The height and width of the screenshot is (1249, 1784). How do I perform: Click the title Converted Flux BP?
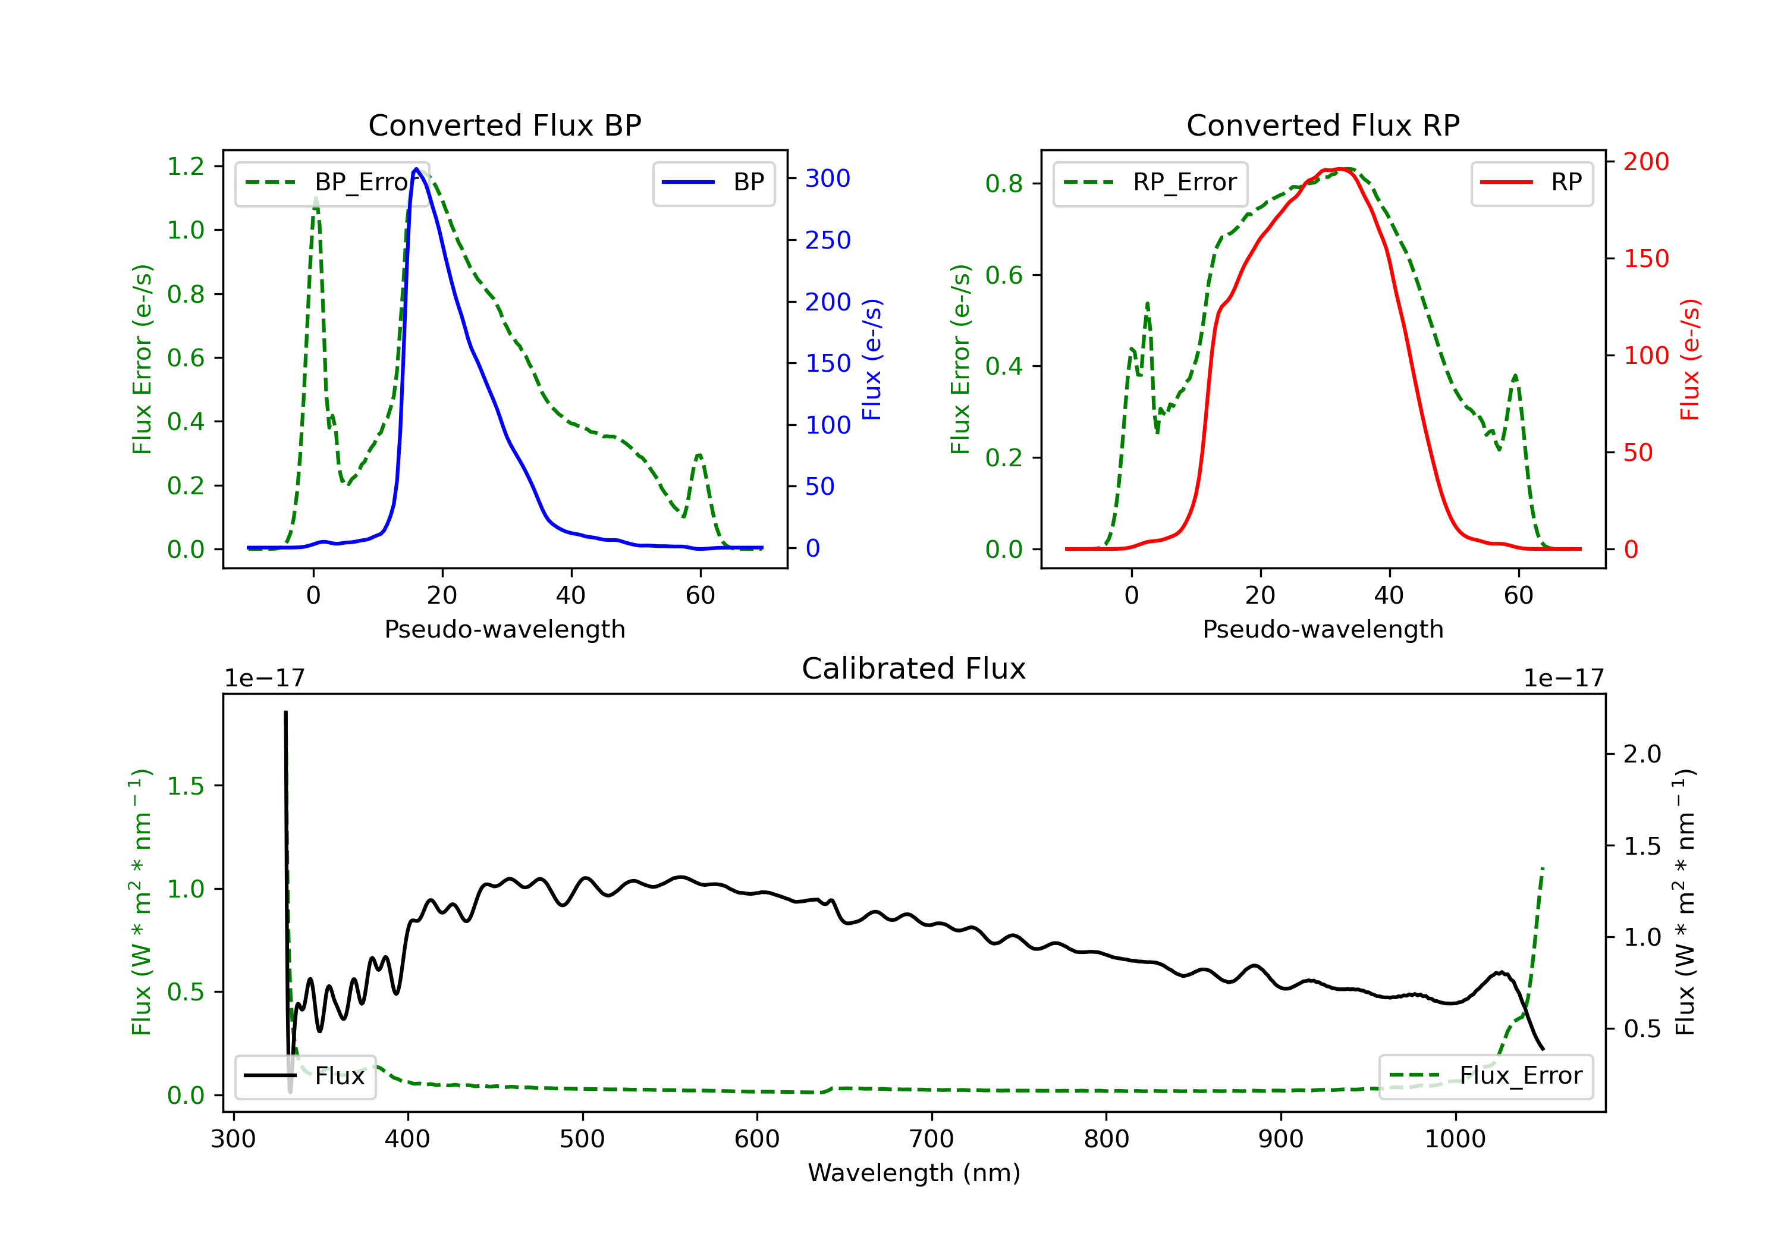(504, 125)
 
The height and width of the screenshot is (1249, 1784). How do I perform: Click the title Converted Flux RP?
(1323, 125)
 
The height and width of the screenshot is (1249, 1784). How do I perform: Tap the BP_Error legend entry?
(332, 183)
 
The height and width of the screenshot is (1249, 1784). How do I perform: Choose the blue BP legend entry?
(713, 183)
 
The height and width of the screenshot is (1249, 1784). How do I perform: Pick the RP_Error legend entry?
(1150, 183)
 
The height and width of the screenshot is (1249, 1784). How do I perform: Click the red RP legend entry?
(1531, 183)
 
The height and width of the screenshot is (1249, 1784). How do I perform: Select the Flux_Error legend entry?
(1485, 1076)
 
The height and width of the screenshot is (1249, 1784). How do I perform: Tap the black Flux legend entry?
(306, 1076)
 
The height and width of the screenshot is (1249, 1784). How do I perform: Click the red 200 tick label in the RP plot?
(1645, 162)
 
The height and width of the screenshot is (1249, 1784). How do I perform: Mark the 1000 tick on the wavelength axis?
(1455, 1140)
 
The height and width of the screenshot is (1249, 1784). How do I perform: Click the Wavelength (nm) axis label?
(914, 1173)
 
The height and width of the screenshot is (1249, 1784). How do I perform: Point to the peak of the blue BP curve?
(416, 169)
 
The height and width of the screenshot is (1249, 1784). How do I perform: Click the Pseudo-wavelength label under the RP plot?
(1323, 629)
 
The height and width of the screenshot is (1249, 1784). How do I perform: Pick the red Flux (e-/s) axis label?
(1690, 359)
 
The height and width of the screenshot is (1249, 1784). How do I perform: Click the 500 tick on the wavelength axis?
(582, 1140)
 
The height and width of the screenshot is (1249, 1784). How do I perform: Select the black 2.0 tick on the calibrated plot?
(1642, 754)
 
